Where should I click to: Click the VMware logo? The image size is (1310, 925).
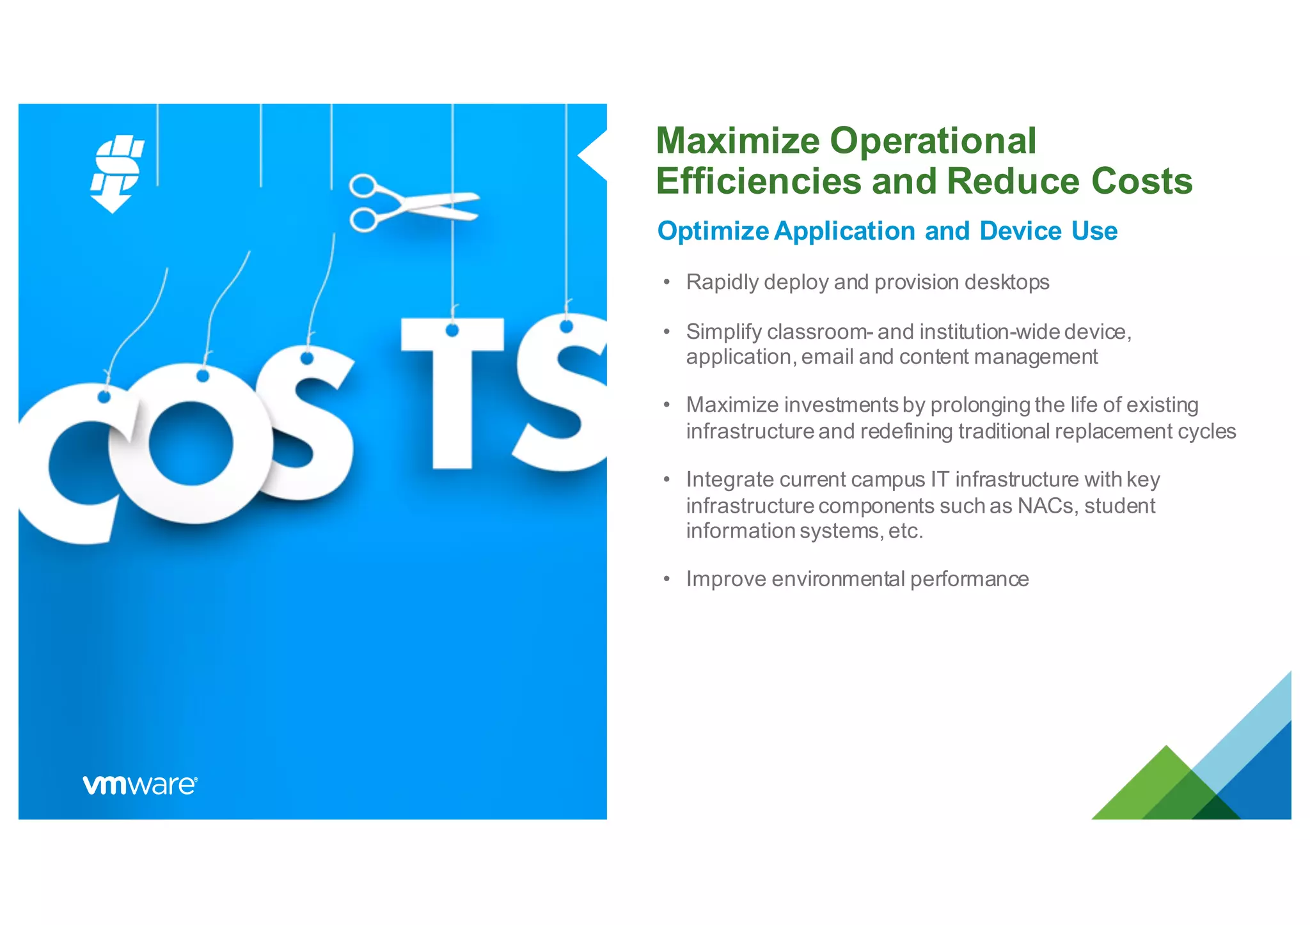[139, 785]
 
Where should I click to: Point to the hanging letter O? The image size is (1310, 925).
[191, 444]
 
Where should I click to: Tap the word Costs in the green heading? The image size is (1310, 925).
[1142, 181]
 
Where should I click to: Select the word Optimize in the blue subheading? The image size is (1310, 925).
[713, 231]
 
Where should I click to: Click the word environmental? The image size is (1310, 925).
[838, 579]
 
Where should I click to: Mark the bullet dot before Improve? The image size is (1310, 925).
[667, 579]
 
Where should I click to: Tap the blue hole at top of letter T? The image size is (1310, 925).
[452, 330]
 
